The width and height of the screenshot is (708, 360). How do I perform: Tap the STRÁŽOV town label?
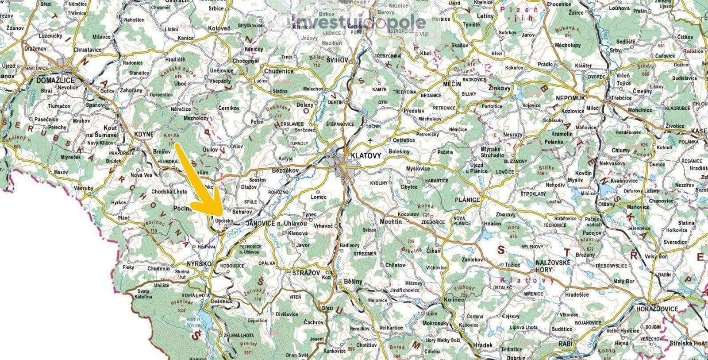[306, 273]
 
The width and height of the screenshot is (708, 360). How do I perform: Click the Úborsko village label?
[224, 220]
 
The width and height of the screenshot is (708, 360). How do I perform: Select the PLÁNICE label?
[466, 200]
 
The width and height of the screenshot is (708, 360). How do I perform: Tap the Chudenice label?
[278, 71]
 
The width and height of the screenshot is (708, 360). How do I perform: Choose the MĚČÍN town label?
[452, 84]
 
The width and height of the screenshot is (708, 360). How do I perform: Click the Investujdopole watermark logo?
[358, 21]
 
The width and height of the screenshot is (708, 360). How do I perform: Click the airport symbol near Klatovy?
[370, 140]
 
